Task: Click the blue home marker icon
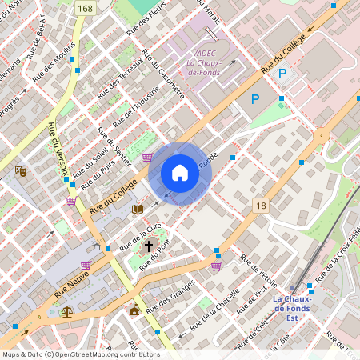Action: tap(180, 173)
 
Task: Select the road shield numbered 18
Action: tap(261, 206)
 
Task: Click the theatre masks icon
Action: tap(21, 171)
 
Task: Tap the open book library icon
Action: tap(138, 210)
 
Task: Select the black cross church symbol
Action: tap(148, 246)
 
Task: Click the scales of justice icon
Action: tap(67, 313)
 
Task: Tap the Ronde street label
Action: tap(208, 160)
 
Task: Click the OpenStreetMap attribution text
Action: tap(80, 354)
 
